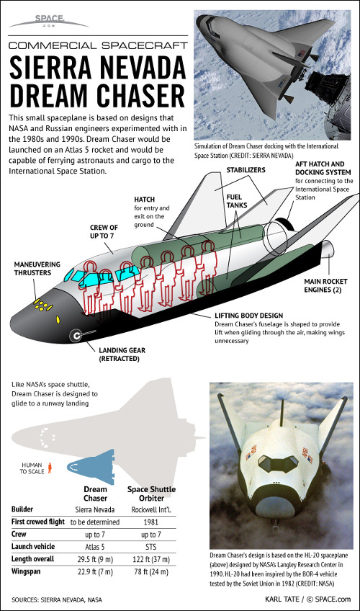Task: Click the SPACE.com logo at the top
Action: click(49, 21)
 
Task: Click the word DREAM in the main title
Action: click(50, 95)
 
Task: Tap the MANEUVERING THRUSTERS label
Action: click(37, 269)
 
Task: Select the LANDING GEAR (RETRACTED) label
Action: click(122, 354)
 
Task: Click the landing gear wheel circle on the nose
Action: click(76, 336)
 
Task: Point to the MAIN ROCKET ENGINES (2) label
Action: click(325, 285)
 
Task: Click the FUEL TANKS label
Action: click(237, 201)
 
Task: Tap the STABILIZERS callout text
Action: click(246, 170)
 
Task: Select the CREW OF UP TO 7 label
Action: click(104, 231)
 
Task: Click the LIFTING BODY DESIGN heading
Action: click(248, 316)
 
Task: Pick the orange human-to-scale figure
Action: click(50, 468)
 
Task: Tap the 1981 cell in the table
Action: click(151, 522)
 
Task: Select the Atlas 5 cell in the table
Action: click(95, 547)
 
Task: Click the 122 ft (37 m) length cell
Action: click(151, 559)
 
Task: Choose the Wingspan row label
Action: click(26, 571)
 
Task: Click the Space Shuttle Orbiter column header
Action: click(151, 494)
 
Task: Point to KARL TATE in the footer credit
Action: click(282, 599)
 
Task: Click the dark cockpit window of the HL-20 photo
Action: click(278, 463)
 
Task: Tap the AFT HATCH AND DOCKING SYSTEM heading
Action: click(323, 168)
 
